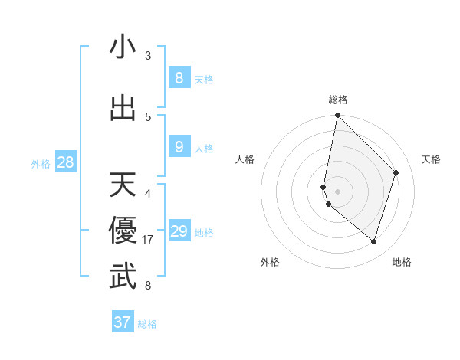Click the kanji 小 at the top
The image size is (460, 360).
tap(123, 47)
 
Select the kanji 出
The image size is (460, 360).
tap(123, 108)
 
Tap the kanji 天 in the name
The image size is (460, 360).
tap(123, 185)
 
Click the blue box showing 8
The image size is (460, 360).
tap(179, 77)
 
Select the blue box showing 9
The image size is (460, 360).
tap(179, 146)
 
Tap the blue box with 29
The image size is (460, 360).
tap(179, 231)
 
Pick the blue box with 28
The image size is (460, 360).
tap(65, 162)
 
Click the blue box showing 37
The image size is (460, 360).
tap(123, 322)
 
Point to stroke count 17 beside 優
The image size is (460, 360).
tap(149, 240)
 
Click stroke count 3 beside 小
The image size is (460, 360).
tap(148, 56)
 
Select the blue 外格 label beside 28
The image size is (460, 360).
tap(40, 163)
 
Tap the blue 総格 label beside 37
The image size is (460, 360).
tap(147, 324)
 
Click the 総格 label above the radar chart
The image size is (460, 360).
tap(338, 100)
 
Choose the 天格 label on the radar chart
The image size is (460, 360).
tap(432, 159)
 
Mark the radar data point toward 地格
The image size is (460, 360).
tap(373, 241)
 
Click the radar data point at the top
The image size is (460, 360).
tap(337, 115)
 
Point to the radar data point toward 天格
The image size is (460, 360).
tap(396, 172)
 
